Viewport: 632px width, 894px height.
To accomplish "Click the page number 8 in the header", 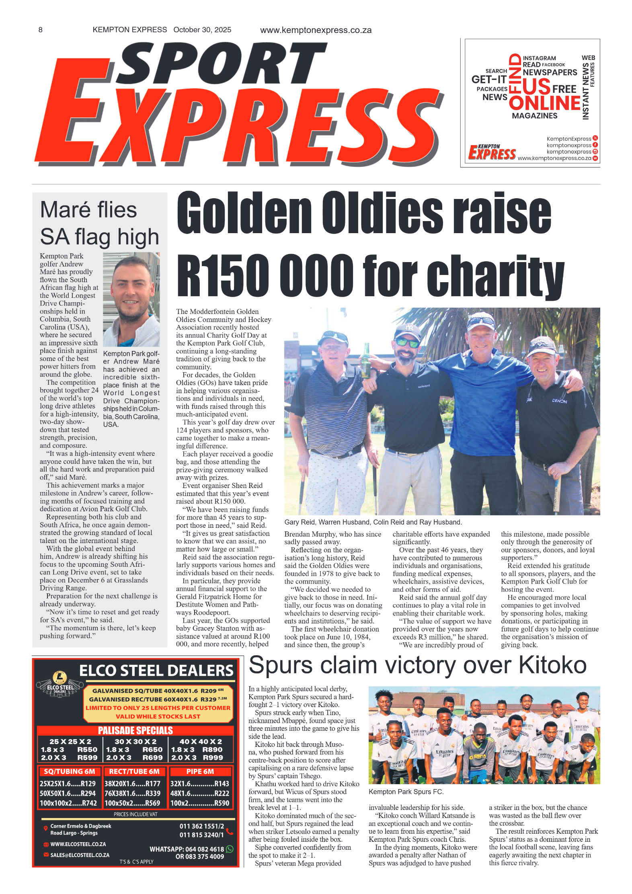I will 40,30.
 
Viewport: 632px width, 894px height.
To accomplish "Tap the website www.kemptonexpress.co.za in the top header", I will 316,30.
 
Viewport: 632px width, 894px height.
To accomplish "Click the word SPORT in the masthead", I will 221,64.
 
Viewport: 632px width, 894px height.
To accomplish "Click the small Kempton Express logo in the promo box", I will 492,152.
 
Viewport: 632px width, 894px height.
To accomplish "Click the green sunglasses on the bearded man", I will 407,342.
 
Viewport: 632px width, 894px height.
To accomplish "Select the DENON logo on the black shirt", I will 559,401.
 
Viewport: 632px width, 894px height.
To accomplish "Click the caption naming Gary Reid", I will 373,522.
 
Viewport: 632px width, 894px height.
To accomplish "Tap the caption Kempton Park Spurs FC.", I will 406,791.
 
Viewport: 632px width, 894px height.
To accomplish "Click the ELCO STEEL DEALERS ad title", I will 156,670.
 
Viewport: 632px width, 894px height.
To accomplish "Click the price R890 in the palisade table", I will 212,749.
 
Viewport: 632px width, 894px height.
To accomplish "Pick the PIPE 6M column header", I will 200,771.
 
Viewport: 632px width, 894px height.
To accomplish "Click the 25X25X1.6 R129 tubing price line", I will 68,783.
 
